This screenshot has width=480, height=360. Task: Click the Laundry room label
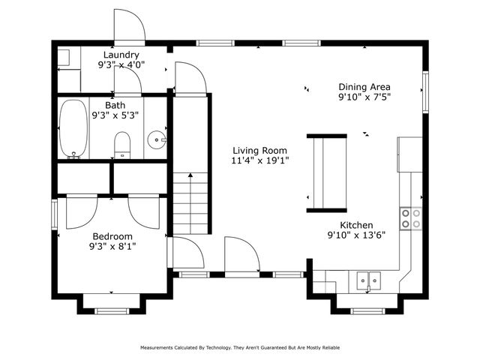[121, 55]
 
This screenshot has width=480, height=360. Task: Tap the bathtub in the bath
[73, 129]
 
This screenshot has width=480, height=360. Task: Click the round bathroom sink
[157, 139]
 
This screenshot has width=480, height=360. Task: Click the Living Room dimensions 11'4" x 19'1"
[259, 160]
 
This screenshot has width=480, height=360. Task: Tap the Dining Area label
[364, 86]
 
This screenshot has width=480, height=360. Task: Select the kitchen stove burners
[410, 217]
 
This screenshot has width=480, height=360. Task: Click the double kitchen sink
[367, 280]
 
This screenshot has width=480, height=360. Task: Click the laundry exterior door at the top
[127, 28]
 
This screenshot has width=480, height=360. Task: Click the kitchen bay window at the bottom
[367, 310]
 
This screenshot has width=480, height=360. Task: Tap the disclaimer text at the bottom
[239, 348]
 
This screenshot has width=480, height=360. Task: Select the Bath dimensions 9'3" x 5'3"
[115, 115]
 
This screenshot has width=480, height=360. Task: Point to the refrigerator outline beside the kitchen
[410, 154]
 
